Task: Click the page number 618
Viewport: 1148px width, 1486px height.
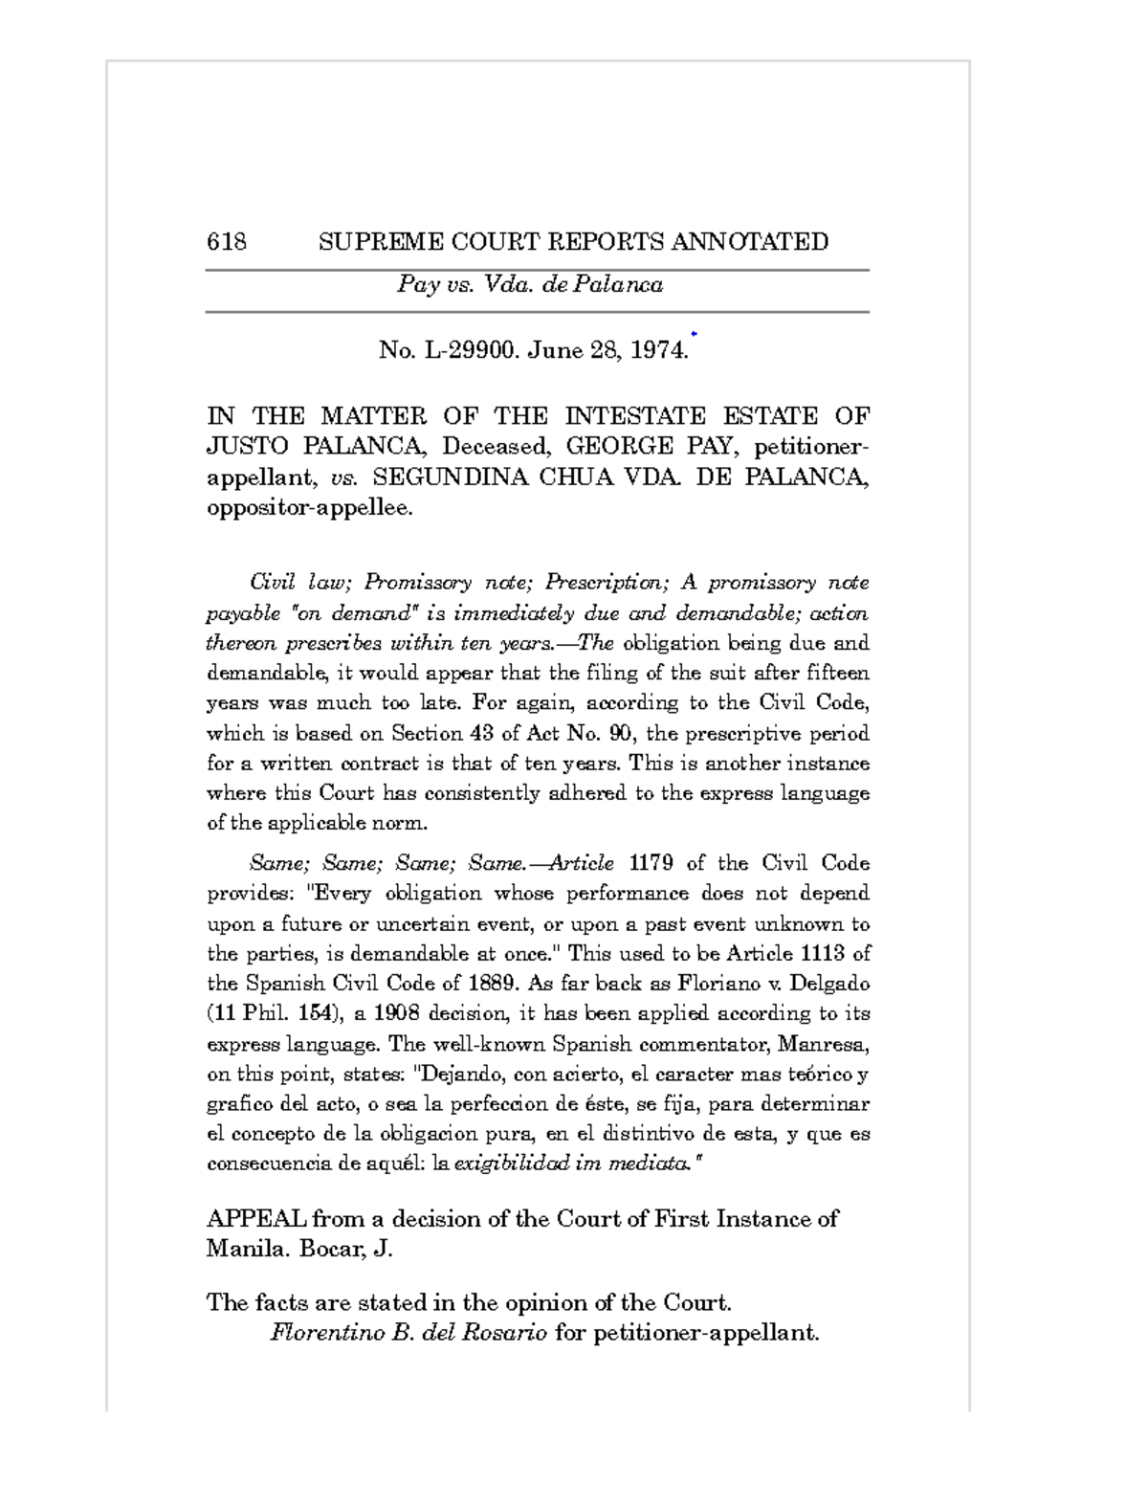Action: coord(227,242)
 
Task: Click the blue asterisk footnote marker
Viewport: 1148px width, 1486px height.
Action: coord(694,334)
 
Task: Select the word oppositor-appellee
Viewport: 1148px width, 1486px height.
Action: coord(310,508)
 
